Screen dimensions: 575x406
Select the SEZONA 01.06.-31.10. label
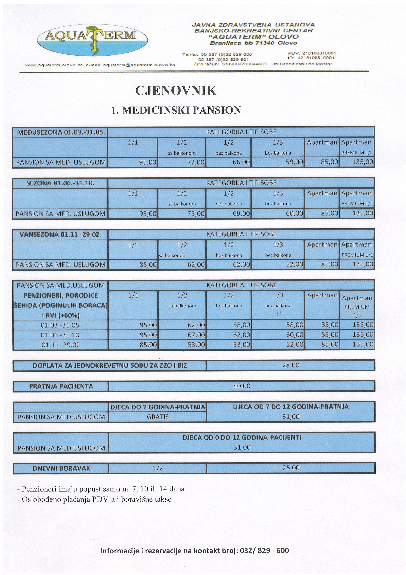pyautogui.click(x=60, y=183)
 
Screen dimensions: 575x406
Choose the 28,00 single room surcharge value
pyautogui.click(x=291, y=365)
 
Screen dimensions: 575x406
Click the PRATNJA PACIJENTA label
pyautogui.click(x=61, y=386)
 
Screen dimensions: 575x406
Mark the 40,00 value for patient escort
pyautogui.click(x=242, y=386)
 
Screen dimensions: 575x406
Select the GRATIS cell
pyautogui.click(x=158, y=417)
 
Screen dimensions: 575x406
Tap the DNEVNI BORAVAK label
pyautogui.click(x=61, y=468)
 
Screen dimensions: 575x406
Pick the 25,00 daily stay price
pyautogui.click(x=291, y=468)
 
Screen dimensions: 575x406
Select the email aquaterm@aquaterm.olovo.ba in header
pyautogui.click(x=139, y=65)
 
